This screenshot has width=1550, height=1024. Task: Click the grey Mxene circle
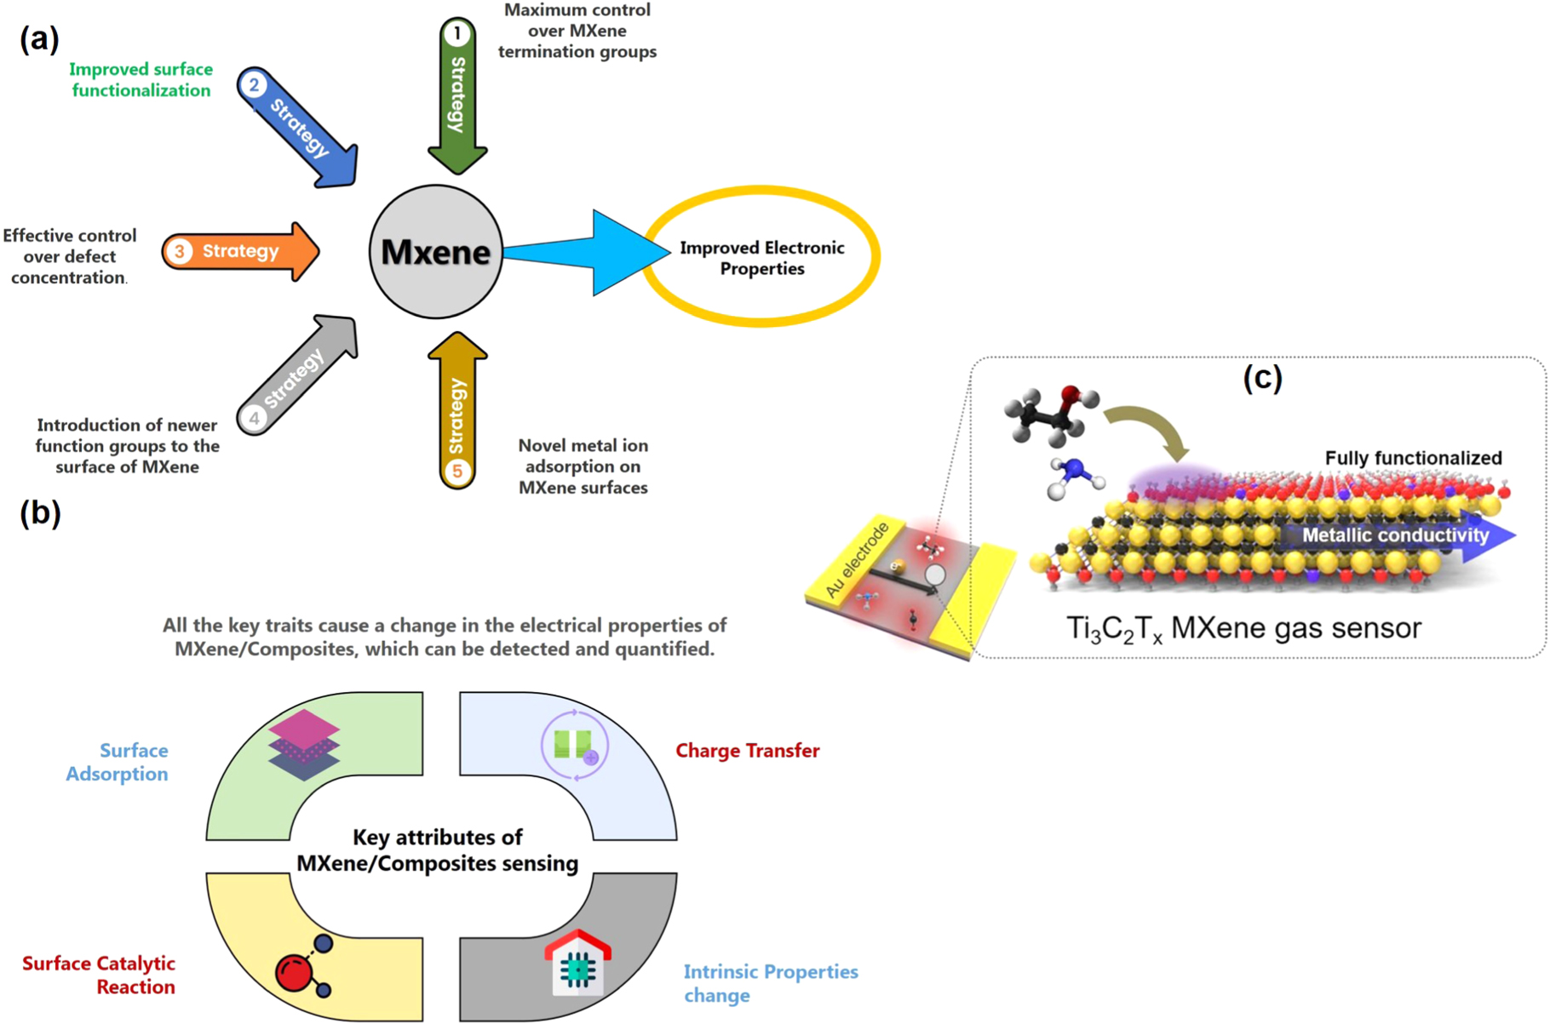[435, 252]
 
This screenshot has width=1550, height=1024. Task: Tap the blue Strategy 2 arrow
[299, 129]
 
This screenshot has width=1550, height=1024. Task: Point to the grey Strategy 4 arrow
[297, 375]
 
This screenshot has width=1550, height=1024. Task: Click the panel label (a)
[39, 38]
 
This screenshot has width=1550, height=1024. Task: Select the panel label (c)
[1262, 377]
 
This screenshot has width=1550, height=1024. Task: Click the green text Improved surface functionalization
[141, 80]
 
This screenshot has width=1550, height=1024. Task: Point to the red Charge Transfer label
[747, 751]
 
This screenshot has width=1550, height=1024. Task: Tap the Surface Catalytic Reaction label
[99, 975]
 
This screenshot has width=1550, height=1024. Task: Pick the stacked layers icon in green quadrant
[304, 745]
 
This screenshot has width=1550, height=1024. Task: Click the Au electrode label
[856, 559]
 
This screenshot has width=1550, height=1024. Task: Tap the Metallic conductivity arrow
[1397, 535]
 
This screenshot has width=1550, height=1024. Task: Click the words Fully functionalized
[1413, 458]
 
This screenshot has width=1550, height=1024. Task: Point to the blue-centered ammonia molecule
[1073, 476]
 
